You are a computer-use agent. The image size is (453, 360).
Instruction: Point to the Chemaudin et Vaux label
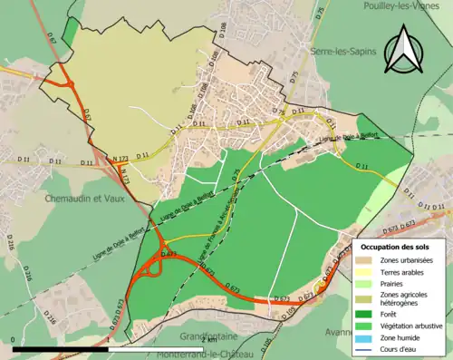(81, 197)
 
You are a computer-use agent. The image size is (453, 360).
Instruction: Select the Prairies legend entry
(393, 285)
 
